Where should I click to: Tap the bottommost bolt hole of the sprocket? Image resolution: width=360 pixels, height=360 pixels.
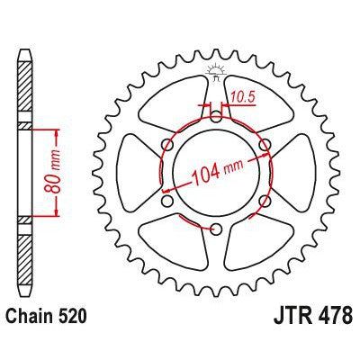pyautogui.click(x=217, y=230)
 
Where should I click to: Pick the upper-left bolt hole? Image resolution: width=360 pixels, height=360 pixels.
pyautogui.click(x=167, y=145)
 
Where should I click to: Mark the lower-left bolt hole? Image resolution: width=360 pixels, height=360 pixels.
pyautogui.click(x=167, y=202)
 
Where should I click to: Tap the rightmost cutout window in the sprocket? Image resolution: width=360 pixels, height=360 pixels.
pyautogui.click(x=302, y=173)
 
